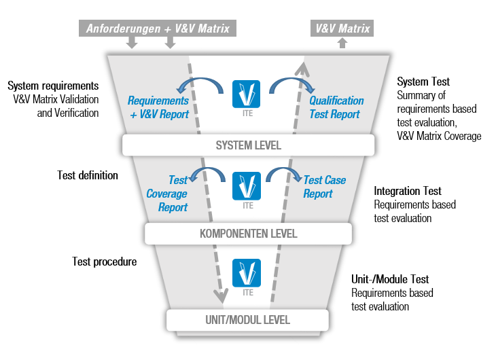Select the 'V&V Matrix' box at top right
[x=342, y=29]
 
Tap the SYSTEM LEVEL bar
[x=248, y=145]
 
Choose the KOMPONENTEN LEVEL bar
[x=248, y=234]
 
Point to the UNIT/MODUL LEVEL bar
[x=248, y=320]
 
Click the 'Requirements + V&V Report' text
[x=159, y=107]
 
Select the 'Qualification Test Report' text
[x=336, y=107]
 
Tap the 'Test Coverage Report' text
[x=167, y=194]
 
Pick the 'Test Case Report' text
[x=325, y=187]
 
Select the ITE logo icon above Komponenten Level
[x=246, y=185]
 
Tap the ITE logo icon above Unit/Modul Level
[x=246, y=272]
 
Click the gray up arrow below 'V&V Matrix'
[x=342, y=43]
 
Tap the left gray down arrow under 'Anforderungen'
[x=132, y=43]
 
